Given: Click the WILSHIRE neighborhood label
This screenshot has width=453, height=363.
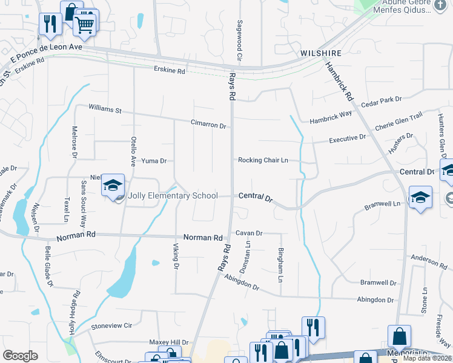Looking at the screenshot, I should pos(321,53).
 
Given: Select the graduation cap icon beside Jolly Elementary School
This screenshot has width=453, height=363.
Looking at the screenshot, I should pos(113,186).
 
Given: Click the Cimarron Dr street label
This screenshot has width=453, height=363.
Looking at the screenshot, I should pos(208,125).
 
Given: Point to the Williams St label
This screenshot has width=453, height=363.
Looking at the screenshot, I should pos(105,110).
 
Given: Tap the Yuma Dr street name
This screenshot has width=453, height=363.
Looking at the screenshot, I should pos(153,161).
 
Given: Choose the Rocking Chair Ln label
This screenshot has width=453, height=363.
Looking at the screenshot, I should pos(262,160).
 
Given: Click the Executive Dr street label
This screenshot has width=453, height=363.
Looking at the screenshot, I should pos(348,139).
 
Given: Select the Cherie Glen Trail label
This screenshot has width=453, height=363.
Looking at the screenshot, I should pos(398,123).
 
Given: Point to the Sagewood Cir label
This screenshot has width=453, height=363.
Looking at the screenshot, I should pos(240,39).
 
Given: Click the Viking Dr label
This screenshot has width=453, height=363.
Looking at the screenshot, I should pos(176,255).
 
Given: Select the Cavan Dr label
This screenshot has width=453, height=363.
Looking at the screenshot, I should pos(248,233).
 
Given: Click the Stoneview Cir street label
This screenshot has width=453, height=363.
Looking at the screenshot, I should pos(111,325).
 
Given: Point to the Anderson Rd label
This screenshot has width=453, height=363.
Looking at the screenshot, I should pos(428,261).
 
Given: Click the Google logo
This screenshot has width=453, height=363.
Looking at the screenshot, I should pos(20,355).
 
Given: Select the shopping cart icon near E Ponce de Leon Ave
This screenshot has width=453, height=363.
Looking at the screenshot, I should pos(85,25).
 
